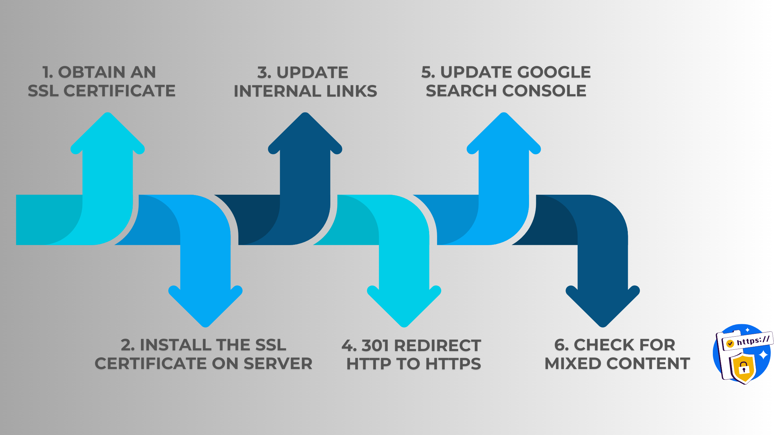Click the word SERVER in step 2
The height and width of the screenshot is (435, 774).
[278, 364]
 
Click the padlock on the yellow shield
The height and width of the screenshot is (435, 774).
[744, 368]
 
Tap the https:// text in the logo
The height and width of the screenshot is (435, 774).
[753, 341]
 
